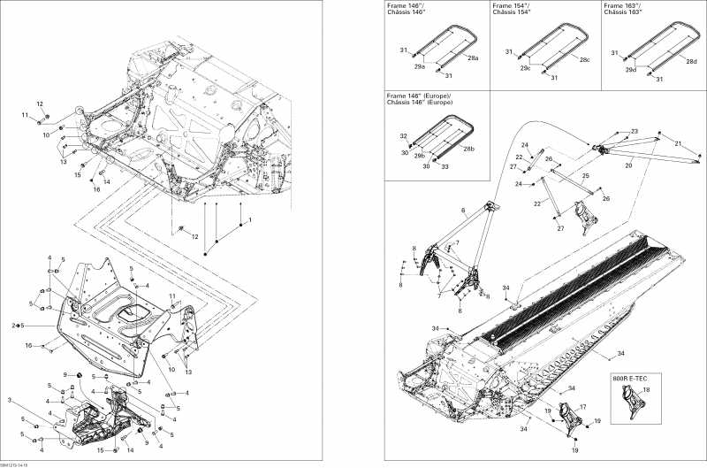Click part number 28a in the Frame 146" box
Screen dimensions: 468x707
[x=473, y=58]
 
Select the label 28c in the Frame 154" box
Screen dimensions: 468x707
[x=584, y=60]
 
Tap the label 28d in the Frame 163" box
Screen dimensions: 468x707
[x=691, y=61]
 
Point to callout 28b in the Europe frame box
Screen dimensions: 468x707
[x=468, y=150]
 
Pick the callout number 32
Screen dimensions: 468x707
[x=404, y=136]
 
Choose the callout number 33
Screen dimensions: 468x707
[x=445, y=166]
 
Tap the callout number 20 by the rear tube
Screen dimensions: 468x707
[x=628, y=165]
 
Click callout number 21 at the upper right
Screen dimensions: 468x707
[x=678, y=143]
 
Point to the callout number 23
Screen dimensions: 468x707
[x=634, y=132]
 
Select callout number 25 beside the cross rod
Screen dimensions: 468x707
[x=585, y=177]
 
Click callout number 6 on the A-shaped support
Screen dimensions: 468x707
[x=462, y=210]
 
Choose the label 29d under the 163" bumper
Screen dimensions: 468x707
[x=630, y=69]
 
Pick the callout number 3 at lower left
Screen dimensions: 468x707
[x=11, y=401]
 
